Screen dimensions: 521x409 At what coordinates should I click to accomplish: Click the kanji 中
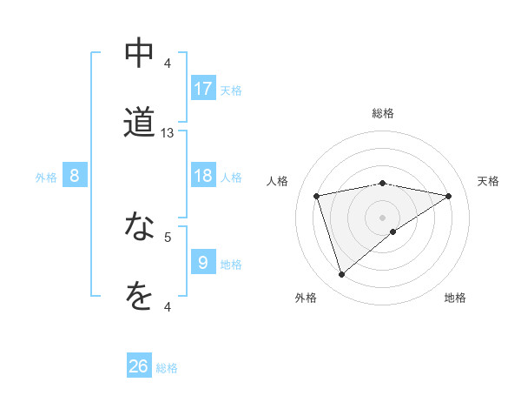[139, 54]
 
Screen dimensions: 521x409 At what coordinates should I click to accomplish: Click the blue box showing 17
[203, 88]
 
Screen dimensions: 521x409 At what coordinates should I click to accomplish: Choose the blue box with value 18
[203, 176]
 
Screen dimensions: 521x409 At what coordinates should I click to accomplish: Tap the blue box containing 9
[203, 263]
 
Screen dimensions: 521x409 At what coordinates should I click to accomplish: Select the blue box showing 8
[75, 176]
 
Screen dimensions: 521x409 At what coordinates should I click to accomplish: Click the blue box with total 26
[139, 366]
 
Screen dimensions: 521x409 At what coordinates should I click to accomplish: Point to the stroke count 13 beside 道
[168, 133]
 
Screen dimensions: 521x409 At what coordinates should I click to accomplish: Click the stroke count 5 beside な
[168, 236]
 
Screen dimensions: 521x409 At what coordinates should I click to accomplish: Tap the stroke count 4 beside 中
[168, 63]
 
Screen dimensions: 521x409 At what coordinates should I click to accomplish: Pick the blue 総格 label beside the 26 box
[167, 368]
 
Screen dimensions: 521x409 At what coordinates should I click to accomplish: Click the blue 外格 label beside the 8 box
[46, 178]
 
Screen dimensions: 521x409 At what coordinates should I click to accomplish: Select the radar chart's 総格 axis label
[383, 113]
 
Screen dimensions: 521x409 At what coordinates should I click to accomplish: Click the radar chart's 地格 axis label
[455, 298]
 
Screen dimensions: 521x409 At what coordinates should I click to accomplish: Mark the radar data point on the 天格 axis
[449, 196]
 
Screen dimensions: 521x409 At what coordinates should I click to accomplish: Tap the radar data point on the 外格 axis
[341, 274]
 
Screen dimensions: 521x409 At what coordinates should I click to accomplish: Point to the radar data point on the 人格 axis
[317, 196]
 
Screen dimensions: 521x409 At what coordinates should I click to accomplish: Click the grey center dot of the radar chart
[383, 217]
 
